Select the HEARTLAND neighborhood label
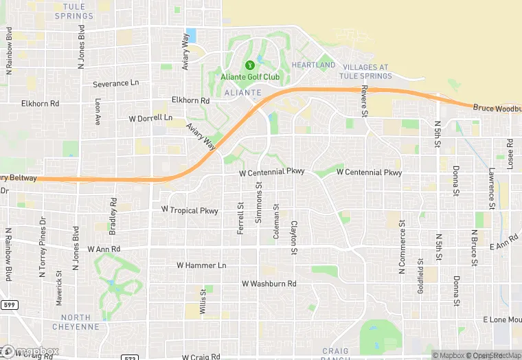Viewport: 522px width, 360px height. pyautogui.click(x=313, y=65)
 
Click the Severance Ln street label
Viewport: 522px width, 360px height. pyautogui.click(x=115, y=84)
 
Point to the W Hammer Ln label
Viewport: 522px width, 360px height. pyautogui.click(x=201, y=265)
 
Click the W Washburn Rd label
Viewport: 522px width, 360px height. pyautogui.click(x=269, y=284)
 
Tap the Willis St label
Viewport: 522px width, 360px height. pyautogui.click(x=203, y=302)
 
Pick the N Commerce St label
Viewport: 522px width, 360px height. pyautogui.click(x=403, y=243)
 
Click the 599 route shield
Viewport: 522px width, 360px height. pyautogui.click(x=9, y=303)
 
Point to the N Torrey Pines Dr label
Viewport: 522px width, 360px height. pyautogui.click(x=43, y=245)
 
